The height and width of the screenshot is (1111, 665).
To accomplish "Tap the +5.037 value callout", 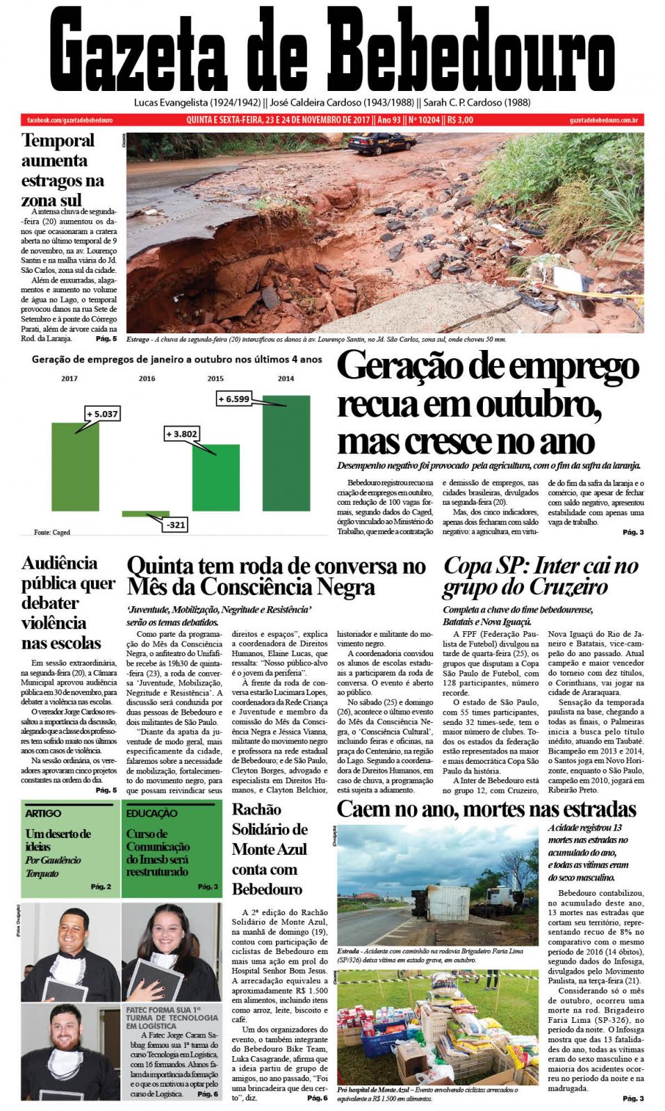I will point(103,414).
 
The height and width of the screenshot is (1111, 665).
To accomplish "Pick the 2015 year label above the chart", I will point(215,379).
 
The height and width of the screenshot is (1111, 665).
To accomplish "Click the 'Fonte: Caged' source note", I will point(52,533).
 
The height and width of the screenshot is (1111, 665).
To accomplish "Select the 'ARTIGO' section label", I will point(43,813).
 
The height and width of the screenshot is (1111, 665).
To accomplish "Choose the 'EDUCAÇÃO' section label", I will point(151,813).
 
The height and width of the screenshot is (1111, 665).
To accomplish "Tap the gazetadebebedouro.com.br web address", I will point(603,120).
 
